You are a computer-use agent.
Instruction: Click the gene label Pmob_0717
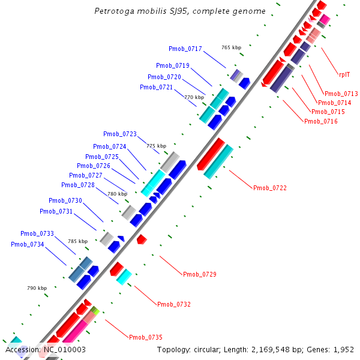coord(185,49)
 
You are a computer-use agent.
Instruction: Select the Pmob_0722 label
coord(270,188)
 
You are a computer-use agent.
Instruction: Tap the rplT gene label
coord(344,74)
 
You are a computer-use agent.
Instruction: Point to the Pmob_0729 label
coord(200,274)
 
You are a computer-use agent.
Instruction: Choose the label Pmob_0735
coord(146,337)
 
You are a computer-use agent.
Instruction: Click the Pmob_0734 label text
coord(28,244)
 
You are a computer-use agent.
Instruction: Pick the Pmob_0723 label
coord(120,134)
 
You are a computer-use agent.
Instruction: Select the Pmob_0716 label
coord(321,121)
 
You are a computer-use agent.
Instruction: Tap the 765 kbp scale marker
coord(231,47)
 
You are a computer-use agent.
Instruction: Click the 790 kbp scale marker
coord(37,288)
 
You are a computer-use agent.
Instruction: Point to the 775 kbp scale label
coord(156,146)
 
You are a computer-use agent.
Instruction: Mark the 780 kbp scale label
coord(117,194)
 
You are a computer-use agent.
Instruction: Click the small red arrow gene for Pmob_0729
coord(142,239)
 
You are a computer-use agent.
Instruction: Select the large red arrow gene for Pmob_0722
coord(210,154)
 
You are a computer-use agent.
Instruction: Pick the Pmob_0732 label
coord(174,304)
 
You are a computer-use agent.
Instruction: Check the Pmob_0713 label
coord(341,94)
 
